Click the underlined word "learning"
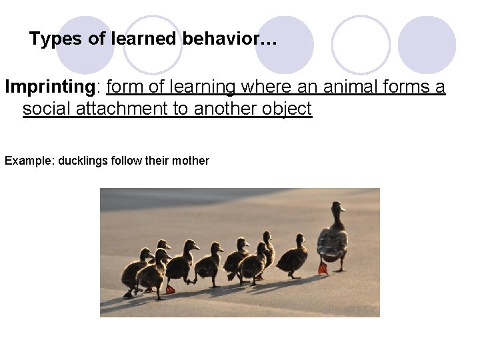[203, 87]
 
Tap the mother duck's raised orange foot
[323, 268]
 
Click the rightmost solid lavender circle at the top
[427, 45]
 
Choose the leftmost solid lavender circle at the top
[85, 45]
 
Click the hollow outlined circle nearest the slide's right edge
[361, 45]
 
